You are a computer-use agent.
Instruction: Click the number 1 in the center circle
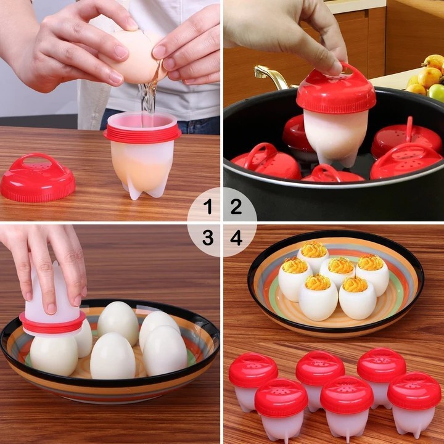[208, 207]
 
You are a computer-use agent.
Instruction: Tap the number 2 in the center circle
[236, 207]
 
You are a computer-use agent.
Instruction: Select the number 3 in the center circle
[208, 237]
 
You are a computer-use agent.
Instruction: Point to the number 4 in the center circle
[236, 237]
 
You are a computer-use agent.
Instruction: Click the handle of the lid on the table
[39, 161]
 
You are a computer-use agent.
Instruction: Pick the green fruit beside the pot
[437, 92]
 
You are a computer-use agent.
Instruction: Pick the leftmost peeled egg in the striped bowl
[54, 355]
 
